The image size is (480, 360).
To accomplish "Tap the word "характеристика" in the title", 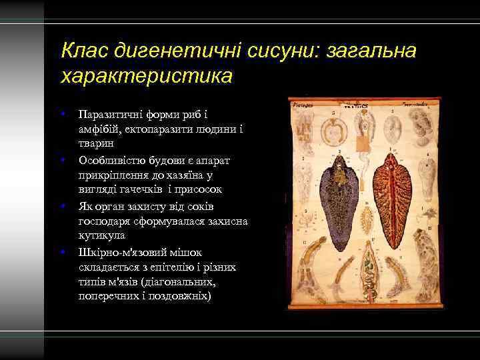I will [146, 75].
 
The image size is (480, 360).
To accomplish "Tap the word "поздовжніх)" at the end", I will [180, 297].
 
